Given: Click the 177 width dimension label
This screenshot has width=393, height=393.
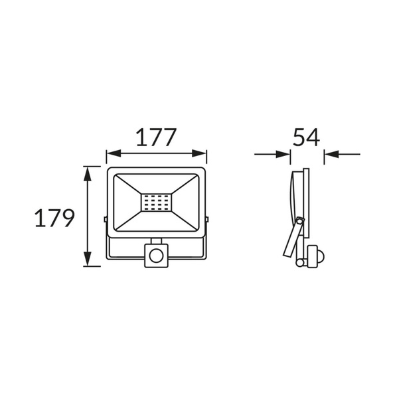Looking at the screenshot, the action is pos(156,137).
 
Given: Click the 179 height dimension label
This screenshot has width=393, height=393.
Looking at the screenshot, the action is pos(54,218).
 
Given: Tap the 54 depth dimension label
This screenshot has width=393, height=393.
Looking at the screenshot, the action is pos(306,137).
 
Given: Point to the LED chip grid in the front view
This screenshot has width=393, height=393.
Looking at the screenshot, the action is pos(156,202).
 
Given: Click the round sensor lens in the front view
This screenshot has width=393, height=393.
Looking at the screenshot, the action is pos(156,256).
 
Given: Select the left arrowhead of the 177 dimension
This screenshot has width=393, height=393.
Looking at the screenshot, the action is pos(114,153).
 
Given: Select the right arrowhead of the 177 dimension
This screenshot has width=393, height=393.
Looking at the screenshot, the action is pos(200,153).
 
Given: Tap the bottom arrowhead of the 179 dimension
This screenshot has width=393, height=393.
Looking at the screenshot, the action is pos(87,259).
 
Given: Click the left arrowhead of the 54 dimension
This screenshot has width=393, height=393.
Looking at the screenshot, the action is pos(283,154).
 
